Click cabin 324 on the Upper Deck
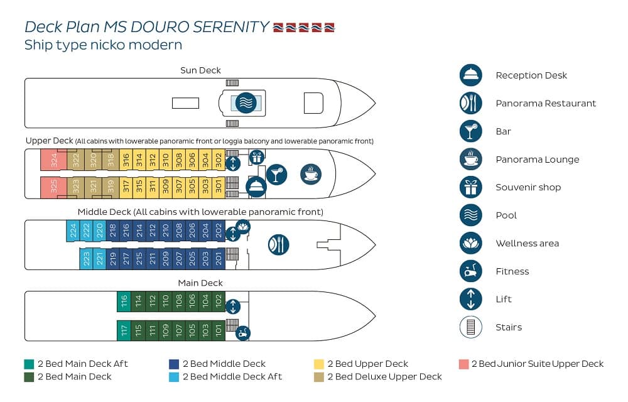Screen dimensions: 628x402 coord(53,160)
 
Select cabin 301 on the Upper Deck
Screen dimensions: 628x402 coord(219,187)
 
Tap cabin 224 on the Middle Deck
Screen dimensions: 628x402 coord(73,231)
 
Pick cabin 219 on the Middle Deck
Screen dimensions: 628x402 coord(112,259)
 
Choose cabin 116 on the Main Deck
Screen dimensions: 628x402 coord(124,301)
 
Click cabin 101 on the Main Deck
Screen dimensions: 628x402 coord(219,330)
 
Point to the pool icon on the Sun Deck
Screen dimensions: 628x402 coord(246,103)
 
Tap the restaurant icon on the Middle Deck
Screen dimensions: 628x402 coord(278,244)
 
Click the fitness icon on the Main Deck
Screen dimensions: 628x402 coord(242,333)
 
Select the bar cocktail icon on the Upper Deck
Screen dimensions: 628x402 coord(276,174)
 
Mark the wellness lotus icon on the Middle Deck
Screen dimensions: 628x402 coord(242,227)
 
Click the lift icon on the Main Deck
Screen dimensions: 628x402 coord(233,307)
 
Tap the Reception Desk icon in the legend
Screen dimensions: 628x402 coord(470,75)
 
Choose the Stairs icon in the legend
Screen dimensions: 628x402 coord(470,327)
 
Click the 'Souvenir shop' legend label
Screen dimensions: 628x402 coord(528,187)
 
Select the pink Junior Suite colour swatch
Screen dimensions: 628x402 coord(464,364)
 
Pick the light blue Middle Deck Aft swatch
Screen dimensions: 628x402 coord(174,377)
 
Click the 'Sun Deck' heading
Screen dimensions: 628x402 coord(200,70)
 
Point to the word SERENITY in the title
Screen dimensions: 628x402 coord(231,27)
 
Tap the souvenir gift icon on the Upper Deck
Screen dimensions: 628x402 coord(257,158)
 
